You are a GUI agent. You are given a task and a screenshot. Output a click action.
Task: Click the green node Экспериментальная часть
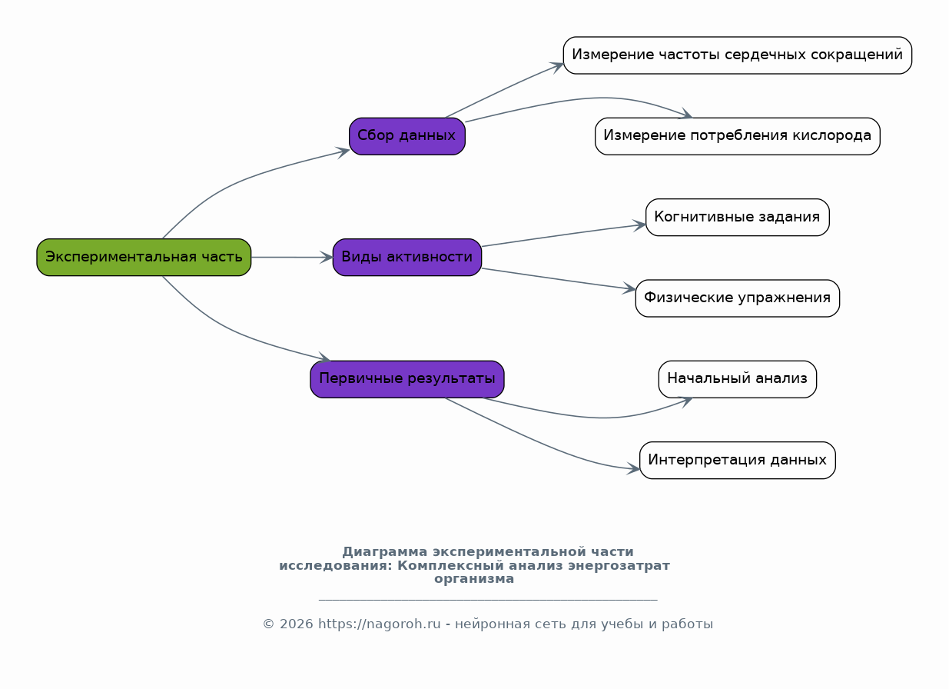[144, 258]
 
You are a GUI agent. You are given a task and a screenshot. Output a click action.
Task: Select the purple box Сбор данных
[407, 137]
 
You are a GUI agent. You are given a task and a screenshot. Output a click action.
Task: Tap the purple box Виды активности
[407, 258]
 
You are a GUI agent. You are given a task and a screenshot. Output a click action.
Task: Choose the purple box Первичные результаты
[407, 379]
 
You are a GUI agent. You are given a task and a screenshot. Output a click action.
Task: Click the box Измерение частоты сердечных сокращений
[738, 55]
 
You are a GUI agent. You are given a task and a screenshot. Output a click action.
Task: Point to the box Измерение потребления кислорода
[738, 137]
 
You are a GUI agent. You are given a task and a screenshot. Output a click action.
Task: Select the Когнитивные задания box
[738, 218]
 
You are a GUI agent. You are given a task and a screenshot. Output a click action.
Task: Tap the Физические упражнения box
[738, 298]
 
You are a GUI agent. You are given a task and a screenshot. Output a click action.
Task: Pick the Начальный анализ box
[738, 379]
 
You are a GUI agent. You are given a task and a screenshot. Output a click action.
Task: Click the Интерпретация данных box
[738, 461]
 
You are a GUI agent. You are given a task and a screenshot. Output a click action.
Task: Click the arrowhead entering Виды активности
[327, 258]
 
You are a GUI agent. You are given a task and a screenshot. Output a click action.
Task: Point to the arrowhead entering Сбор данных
[342, 152]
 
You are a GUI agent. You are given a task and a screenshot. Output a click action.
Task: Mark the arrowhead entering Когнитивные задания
[639, 225]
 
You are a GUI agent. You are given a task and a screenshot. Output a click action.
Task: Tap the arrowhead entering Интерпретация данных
[633, 468]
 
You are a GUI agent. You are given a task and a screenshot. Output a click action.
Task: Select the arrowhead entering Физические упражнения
[629, 288]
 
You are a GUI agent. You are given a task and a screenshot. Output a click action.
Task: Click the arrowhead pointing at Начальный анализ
[685, 401]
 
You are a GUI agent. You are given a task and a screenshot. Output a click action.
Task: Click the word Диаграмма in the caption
[385, 552]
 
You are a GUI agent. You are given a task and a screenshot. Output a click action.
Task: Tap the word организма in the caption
[474, 579]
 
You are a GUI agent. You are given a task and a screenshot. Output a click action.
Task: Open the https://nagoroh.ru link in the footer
[379, 624]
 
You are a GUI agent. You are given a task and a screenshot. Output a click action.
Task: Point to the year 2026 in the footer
[296, 624]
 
